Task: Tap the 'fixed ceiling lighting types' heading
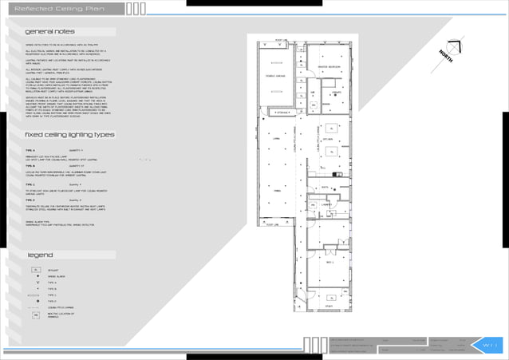(x=69, y=136)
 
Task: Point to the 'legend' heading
(x=41, y=255)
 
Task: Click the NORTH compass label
(x=448, y=57)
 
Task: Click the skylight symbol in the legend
(x=36, y=271)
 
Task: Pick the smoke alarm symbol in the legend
(x=36, y=277)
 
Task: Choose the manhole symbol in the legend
(x=36, y=315)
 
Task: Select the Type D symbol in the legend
(x=36, y=301)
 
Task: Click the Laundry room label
(x=328, y=205)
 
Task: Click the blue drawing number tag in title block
(x=489, y=345)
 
